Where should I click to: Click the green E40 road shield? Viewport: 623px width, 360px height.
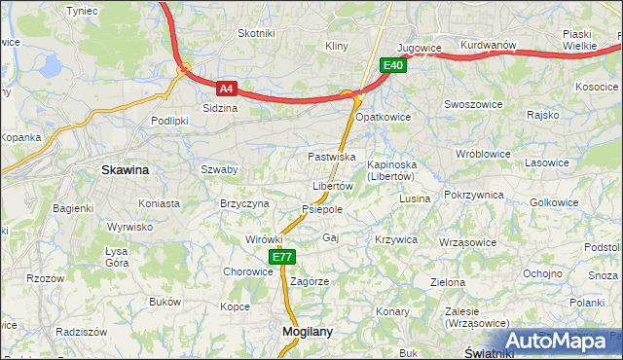[392, 65]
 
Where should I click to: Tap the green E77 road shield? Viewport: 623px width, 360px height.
[281, 257]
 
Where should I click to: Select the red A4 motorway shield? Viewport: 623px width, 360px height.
[226, 88]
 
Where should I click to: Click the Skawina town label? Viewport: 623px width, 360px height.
[126, 169]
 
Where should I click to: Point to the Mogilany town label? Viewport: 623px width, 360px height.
[307, 331]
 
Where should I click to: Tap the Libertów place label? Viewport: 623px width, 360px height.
[332, 186]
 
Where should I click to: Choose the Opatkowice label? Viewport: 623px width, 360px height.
[384, 117]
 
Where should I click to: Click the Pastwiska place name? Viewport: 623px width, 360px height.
[331, 156]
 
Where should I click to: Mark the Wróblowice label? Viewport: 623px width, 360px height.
[483, 154]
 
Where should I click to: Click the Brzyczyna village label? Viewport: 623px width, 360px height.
[244, 203]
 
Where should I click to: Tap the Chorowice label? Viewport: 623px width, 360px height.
[248, 271]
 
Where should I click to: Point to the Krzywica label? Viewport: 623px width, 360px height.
[395, 239]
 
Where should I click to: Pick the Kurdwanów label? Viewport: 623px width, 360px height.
[487, 46]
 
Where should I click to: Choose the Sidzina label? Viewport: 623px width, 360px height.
[220, 108]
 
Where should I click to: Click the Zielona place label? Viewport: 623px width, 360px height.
[448, 282]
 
